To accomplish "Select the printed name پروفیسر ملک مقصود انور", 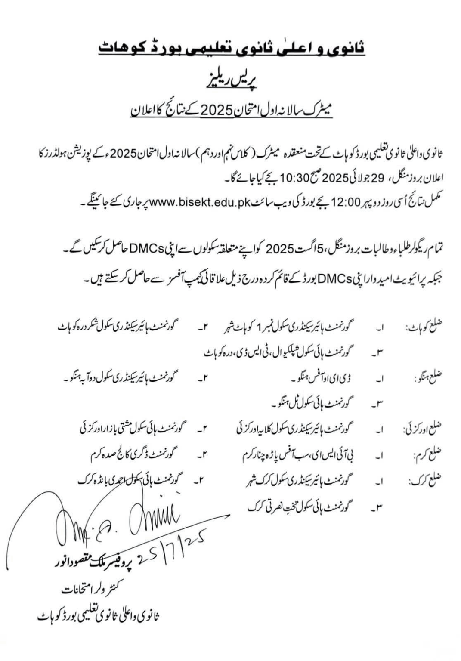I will tap(92, 563).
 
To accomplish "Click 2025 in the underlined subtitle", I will tap(217, 111).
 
